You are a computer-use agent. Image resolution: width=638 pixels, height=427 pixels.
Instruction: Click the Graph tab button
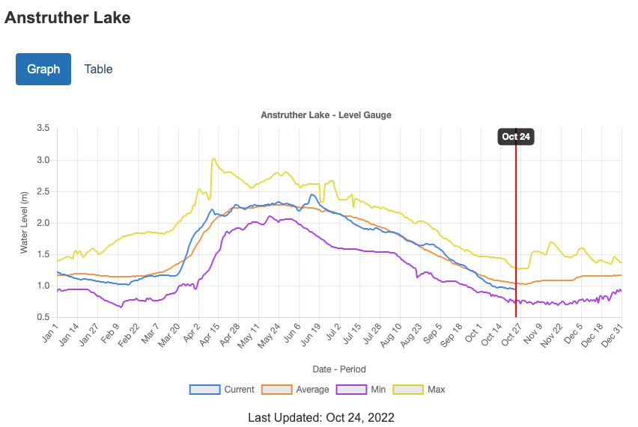click(x=43, y=69)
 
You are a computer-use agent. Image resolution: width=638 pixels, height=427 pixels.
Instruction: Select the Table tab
click(x=98, y=69)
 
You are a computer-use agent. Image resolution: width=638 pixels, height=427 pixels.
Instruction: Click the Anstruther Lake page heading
click(x=67, y=18)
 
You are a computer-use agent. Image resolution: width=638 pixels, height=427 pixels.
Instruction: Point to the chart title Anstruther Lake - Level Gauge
click(x=326, y=115)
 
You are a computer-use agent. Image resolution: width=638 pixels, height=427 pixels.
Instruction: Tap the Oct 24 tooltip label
click(x=516, y=136)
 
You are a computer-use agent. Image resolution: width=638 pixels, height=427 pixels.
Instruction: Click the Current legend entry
click(x=222, y=390)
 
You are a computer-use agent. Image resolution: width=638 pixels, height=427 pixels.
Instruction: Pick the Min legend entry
click(x=363, y=390)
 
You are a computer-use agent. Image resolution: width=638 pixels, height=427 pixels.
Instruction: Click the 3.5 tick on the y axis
click(x=43, y=129)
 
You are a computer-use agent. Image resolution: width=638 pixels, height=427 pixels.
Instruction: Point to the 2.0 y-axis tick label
click(x=43, y=223)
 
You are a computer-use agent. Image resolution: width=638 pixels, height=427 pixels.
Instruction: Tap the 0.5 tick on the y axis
click(x=43, y=317)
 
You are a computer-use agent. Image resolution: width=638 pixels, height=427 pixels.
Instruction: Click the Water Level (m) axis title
click(x=24, y=222)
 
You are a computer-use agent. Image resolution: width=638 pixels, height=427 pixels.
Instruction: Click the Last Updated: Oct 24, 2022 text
click(x=321, y=417)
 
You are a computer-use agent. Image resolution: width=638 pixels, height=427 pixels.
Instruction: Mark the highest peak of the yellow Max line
click(x=213, y=159)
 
